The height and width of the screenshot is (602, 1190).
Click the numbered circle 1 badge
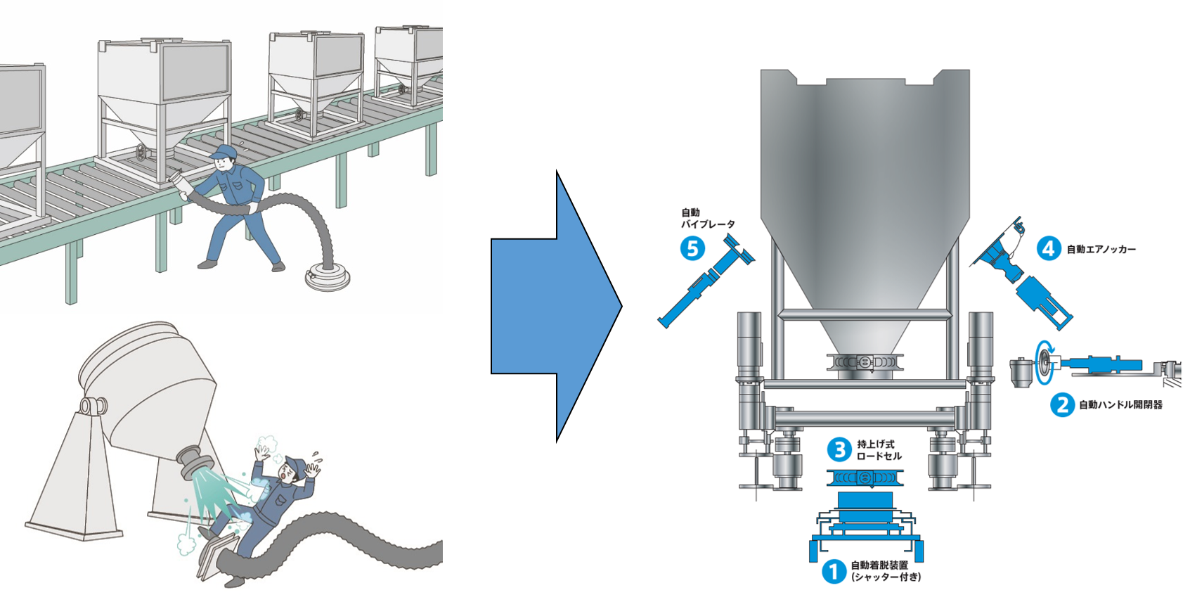(834, 571)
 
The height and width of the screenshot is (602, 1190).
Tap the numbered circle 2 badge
(1062, 404)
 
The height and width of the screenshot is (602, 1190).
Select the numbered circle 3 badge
(839, 449)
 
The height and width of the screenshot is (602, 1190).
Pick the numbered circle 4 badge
(1049, 248)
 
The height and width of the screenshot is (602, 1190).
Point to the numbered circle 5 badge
(692, 248)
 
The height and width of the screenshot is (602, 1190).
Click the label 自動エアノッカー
(1101, 249)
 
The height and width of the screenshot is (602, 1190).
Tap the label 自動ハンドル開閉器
(1120, 404)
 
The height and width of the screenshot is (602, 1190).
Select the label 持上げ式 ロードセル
(879, 450)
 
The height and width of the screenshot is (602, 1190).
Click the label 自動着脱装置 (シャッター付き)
(885, 571)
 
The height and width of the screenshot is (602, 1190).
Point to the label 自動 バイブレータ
(707, 218)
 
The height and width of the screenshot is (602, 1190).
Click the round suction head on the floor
(328, 278)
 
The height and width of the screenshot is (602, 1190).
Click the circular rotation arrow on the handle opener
(1043, 362)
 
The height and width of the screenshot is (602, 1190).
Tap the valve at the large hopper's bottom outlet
(865, 362)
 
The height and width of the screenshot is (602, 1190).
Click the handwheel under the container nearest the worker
(143, 152)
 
